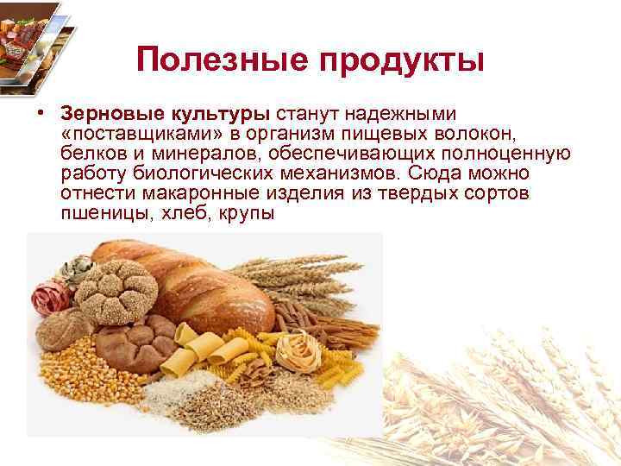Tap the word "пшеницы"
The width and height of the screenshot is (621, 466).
click(102, 211)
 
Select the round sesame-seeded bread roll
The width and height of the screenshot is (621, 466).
click(115, 289)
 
